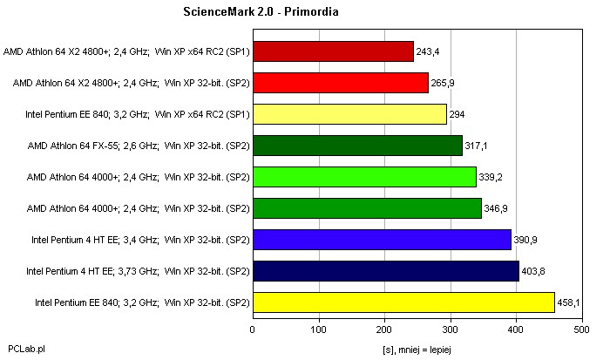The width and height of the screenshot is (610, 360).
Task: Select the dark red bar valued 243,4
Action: tap(333, 51)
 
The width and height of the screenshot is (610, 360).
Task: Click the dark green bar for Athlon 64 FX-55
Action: tap(357, 146)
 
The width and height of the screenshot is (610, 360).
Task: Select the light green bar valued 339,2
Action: tap(364, 177)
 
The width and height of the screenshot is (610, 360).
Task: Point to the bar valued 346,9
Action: tap(367, 208)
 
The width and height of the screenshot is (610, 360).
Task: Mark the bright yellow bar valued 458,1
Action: tap(403, 302)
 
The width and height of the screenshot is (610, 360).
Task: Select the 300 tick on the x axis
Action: tap(451, 329)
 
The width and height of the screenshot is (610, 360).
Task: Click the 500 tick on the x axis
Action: tap(583, 329)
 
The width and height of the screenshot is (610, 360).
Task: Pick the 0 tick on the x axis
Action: tap(253, 329)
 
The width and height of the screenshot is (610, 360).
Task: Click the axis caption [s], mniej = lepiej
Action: tap(418, 348)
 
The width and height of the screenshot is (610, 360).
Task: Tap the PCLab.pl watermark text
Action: tap(26, 348)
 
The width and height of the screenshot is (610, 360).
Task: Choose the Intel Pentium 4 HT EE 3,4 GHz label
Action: tap(140, 240)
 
